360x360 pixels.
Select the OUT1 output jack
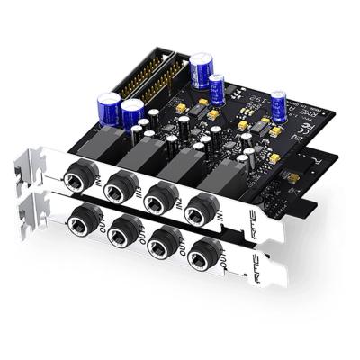(86, 216)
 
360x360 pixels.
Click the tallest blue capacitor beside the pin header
(200, 70)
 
